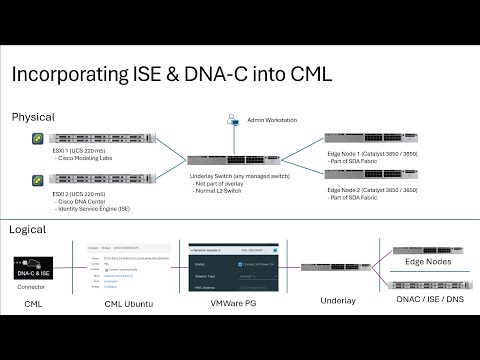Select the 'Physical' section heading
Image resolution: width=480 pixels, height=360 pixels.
point(33,117)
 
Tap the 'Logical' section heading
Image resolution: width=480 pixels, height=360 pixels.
point(28,229)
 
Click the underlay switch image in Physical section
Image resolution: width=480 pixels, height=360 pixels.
point(225,158)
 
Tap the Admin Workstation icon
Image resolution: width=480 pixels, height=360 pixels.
point(234,121)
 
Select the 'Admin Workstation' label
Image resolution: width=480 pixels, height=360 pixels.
point(271,121)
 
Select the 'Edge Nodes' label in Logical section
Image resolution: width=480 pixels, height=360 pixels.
point(427,262)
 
